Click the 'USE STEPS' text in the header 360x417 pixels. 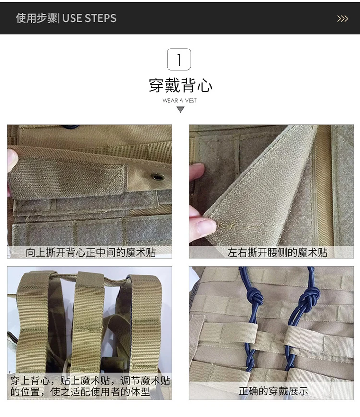pos(89,18)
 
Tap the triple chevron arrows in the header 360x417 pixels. pos(342,19)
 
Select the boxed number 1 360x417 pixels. pos(179,59)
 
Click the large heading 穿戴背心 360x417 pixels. pos(180,86)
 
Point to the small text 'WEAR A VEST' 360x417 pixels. pos(180,100)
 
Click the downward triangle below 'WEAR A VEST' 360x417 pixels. pos(180,110)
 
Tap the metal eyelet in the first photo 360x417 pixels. pos(157,177)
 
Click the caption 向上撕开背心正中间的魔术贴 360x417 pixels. pos(91,252)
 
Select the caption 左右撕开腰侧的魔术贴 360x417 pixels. pos(277,252)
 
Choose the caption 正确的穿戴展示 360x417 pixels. pos(273,391)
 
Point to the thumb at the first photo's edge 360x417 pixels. pos(12,161)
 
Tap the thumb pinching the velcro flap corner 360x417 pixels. pos(203,225)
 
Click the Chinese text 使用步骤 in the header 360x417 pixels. pos(36,18)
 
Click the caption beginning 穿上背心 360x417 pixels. pos(90,386)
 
